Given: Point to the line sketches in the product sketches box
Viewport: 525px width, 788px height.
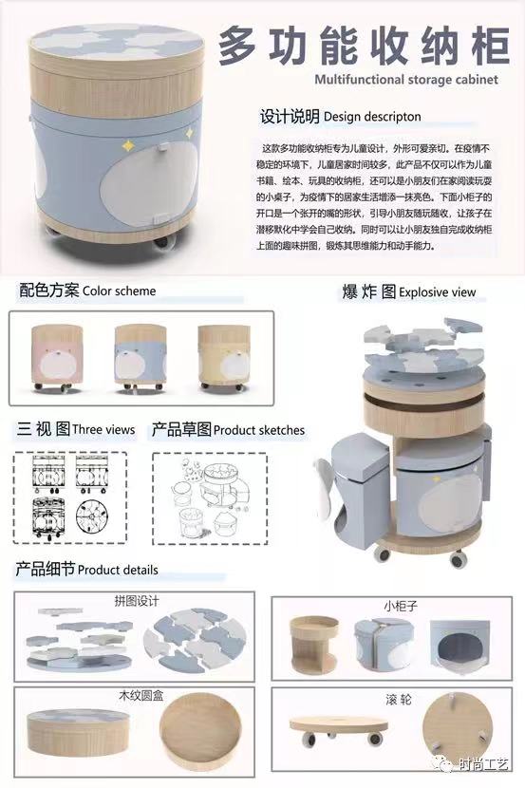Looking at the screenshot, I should point(218,499).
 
